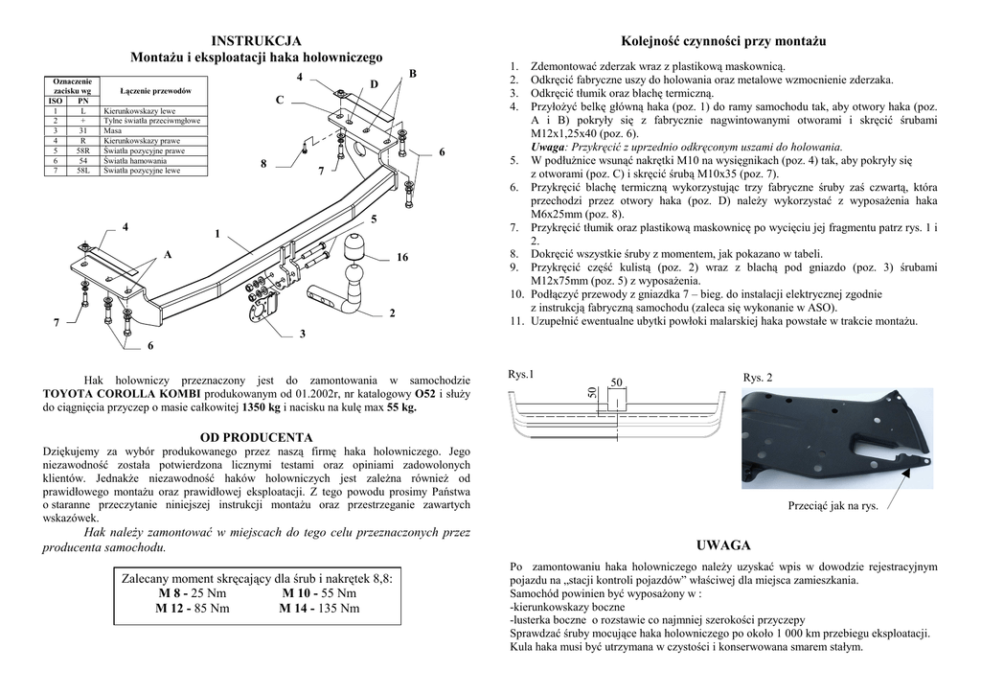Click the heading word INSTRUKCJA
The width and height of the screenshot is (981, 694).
(x=256, y=40)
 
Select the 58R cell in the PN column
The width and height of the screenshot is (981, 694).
(x=82, y=150)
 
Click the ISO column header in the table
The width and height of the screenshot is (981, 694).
(x=56, y=101)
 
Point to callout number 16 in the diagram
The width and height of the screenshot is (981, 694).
(x=402, y=258)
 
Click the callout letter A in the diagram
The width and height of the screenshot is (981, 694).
(x=168, y=255)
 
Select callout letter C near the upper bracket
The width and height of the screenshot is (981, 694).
(x=280, y=100)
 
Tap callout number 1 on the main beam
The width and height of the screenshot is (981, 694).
(x=217, y=234)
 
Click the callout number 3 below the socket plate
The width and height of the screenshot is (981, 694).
(x=302, y=334)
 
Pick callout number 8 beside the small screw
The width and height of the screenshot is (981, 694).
(x=263, y=164)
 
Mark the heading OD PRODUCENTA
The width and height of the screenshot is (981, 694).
(x=256, y=437)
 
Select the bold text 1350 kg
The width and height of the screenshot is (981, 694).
(x=261, y=407)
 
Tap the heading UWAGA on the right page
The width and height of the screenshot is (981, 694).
(x=723, y=544)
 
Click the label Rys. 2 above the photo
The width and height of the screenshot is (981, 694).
(x=757, y=378)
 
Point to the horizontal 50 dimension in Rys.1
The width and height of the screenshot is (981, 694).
(x=617, y=382)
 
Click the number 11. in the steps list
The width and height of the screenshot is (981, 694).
(x=515, y=321)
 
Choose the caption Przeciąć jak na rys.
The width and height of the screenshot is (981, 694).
(x=833, y=504)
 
